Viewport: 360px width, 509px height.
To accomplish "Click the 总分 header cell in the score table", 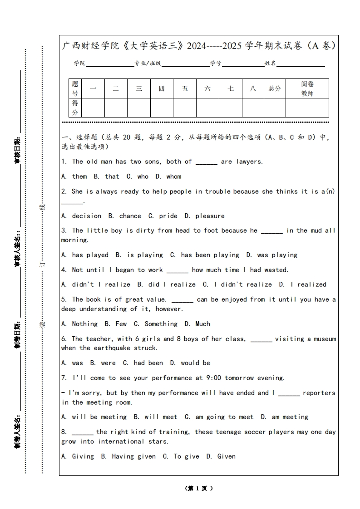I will pyautogui.click(x=275, y=88).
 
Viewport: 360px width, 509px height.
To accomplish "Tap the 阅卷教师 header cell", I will pyautogui.click(x=307, y=88).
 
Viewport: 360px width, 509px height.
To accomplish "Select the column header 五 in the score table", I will pyautogui.click(x=185, y=88).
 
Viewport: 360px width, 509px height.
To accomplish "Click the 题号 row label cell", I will pyautogui.click(x=75, y=88).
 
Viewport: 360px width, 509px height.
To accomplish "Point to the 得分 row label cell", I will pyautogui.click(x=75, y=108).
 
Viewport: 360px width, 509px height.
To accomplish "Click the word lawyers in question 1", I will pyautogui.click(x=249, y=162).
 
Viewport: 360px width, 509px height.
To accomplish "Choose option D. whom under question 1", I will pyautogui.click(x=168, y=176).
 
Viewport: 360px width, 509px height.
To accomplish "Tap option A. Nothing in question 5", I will pyautogui.click(x=79, y=324).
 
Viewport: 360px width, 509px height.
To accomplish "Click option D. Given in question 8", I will pyautogui.click(x=221, y=456).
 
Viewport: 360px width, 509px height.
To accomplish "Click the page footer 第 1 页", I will pyautogui.click(x=199, y=489).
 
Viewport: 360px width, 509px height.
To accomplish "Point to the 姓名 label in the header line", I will pyautogui.click(x=270, y=64).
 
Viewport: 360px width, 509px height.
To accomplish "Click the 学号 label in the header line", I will pyautogui.click(x=216, y=64).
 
